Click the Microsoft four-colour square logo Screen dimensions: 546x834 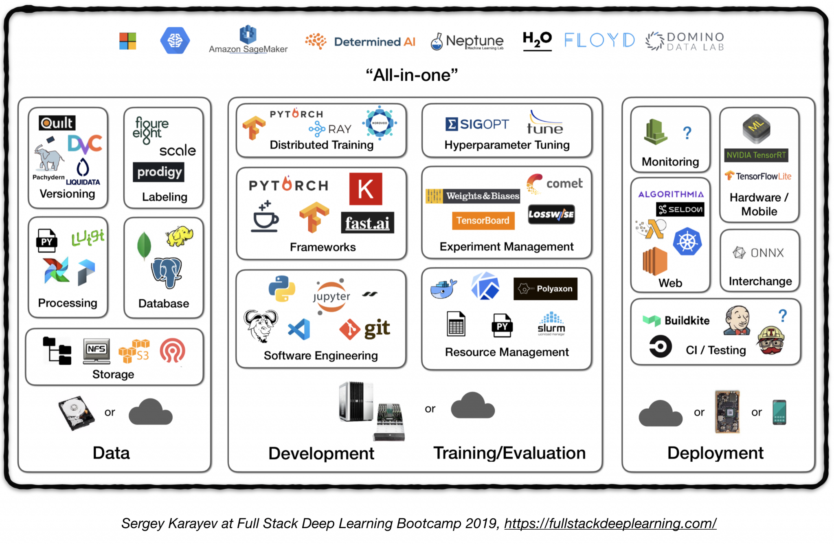pyautogui.click(x=127, y=41)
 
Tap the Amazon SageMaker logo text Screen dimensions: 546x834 pyautogui.click(x=248, y=49)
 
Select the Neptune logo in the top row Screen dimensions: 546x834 pyautogui.click(x=467, y=41)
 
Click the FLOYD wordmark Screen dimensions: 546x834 pyautogui.click(x=599, y=40)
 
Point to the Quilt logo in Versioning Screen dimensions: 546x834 pyautogui.click(x=57, y=123)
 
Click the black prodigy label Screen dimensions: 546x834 pyautogui.click(x=159, y=172)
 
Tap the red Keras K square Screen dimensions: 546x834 pyautogui.click(x=366, y=189)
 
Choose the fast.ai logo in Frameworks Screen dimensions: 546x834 pyautogui.click(x=367, y=223)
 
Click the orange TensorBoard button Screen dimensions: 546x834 pyautogui.click(x=483, y=220)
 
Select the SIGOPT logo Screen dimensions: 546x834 pyautogui.click(x=477, y=124)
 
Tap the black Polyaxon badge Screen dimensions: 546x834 pyautogui.click(x=545, y=288)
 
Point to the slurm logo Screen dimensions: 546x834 pyautogui.click(x=551, y=324)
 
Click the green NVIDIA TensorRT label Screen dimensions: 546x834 pyautogui.click(x=756, y=155)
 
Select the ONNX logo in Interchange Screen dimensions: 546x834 pyautogui.click(x=759, y=253)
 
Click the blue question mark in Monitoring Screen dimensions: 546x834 pyautogui.click(x=687, y=133)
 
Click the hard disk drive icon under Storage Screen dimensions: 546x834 pyautogui.click(x=76, y=412)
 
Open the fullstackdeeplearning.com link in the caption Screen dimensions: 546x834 pyautogui.click(x=610, y=523)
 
